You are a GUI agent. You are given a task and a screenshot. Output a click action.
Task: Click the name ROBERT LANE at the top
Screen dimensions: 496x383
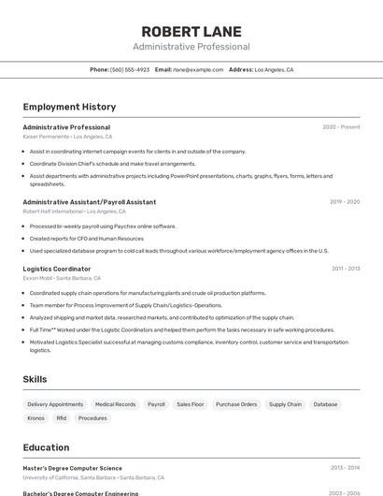click(191, 31)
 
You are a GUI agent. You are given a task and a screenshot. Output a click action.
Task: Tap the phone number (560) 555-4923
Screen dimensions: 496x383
click(130, 69)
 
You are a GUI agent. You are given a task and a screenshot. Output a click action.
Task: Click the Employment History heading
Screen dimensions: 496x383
click(69, 107)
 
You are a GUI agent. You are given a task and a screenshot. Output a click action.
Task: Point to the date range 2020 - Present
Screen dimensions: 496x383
click(341, 127)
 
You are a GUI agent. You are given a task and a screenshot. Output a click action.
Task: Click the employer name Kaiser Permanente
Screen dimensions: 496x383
click(46, 137)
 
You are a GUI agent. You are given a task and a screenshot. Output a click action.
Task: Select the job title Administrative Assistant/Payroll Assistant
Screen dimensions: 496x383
click(90, 202)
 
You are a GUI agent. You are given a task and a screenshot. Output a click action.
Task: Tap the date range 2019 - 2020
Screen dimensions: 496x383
click(345, 202)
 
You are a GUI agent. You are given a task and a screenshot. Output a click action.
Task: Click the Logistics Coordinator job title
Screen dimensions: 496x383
click(57, 269)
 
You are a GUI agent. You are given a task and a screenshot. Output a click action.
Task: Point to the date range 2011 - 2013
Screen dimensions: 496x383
click(346, 269)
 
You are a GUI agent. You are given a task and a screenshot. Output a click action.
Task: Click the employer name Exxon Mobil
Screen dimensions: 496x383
click(38, 278)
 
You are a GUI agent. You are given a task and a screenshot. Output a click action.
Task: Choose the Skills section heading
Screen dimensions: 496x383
click(35, 379)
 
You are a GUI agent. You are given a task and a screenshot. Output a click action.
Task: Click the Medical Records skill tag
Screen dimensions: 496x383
click(115, 404)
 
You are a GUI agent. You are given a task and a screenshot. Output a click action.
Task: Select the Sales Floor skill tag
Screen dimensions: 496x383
click(191, 404)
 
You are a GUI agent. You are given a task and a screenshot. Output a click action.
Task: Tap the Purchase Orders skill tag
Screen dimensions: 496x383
click(236, 404)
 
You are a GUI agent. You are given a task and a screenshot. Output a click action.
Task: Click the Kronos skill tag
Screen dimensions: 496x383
click(36, 418)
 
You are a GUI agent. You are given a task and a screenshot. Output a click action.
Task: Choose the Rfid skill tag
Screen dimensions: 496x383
click(62, 418)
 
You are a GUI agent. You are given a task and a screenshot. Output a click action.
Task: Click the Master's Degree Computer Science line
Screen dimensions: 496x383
click(72, 468)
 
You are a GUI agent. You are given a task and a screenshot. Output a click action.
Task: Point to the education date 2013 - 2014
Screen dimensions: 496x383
click(345, 468)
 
